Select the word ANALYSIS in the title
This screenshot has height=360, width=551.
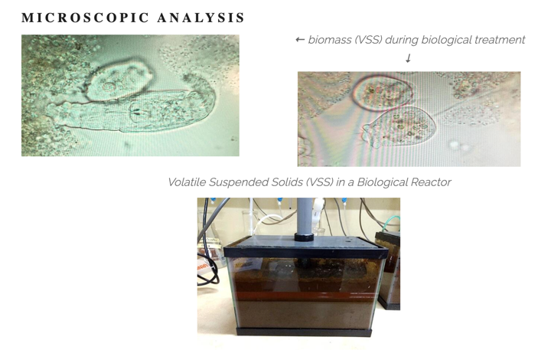click(x=201, y=18)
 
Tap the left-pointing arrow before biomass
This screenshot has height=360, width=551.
click(x=300, y=40)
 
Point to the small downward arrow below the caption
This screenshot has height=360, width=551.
click(x=408, y=58)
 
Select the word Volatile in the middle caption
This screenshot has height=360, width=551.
click(x=187, y=182)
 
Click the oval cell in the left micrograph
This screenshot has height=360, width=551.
click(x=119, y=80)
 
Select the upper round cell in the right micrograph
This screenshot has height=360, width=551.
click(x=383, y=93)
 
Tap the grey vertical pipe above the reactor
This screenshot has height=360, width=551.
click(x=305, y=215)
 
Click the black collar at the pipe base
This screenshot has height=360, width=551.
click(x=305, y=237)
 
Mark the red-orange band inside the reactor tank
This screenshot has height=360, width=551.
click(x=305, y=295)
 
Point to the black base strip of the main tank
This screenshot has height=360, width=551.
click(x=305, y=331)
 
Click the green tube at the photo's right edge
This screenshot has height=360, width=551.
click(x=391, y=222)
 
